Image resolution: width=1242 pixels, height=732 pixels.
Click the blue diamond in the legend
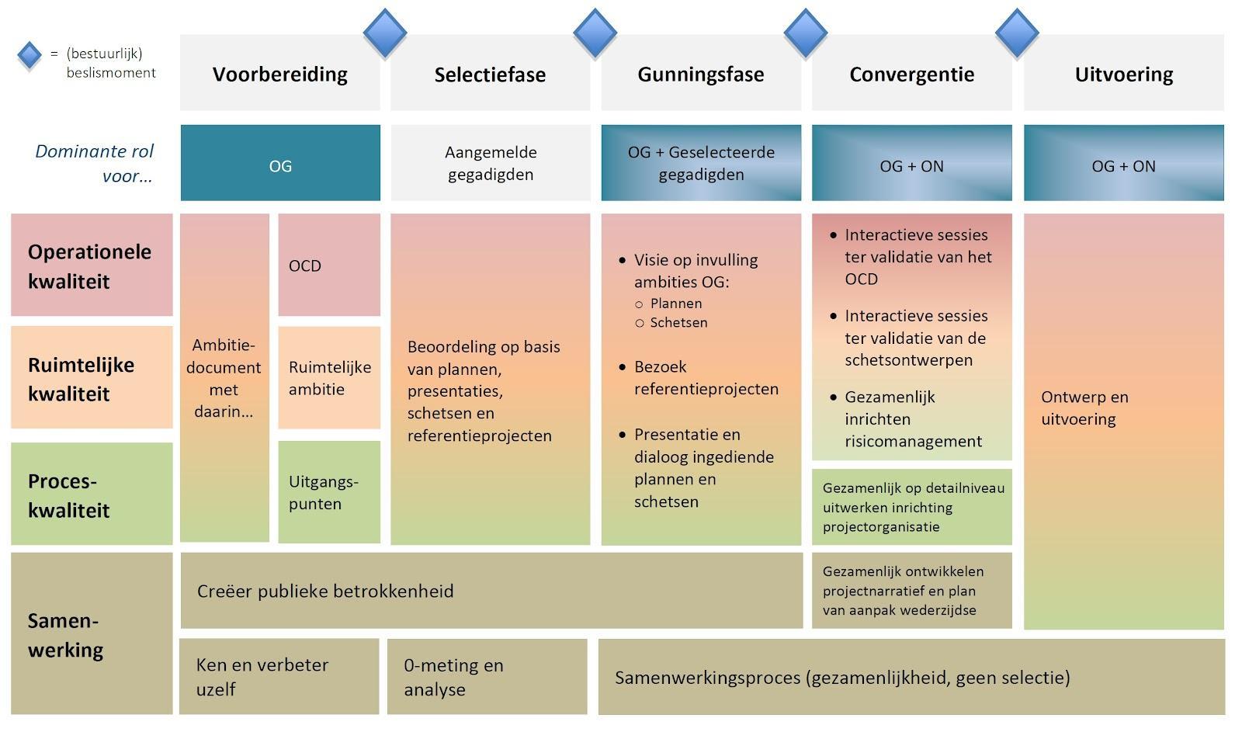click(29, 55)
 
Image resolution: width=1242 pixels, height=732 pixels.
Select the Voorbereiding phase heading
click(280, 75)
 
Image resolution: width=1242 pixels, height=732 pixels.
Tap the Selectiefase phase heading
click(490, 75)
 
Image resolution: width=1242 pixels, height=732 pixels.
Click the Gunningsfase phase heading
click(701, 75)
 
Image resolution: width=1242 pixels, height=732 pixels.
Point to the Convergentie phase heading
click(911, 75)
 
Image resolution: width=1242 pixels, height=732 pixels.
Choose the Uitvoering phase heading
click(1123, 75)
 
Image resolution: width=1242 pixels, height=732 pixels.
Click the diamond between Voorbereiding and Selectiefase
click(385, 33)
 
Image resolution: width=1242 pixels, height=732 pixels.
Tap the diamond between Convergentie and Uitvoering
click(1017, 33)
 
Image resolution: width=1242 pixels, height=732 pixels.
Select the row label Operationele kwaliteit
click(91, 265)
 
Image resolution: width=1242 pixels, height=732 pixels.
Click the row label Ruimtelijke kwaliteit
click(91, 378)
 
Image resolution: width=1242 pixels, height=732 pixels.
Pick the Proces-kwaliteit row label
click(91, 494)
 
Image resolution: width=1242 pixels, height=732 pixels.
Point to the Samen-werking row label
click(91, 634)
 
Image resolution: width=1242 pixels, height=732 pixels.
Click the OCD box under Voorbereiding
click(329, 265)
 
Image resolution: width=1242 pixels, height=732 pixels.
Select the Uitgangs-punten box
click(329, 492)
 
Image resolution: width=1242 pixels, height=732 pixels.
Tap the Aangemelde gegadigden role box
click(490, 163)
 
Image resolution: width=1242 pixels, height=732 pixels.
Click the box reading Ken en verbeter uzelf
click(279, 676)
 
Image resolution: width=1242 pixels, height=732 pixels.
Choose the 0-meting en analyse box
click(487, 676)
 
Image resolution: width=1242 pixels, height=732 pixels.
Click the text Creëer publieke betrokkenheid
click(325, 591)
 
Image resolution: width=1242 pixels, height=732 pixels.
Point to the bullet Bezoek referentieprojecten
click(706, 378)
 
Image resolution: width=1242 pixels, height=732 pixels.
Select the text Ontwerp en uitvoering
click(1084, 408)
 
